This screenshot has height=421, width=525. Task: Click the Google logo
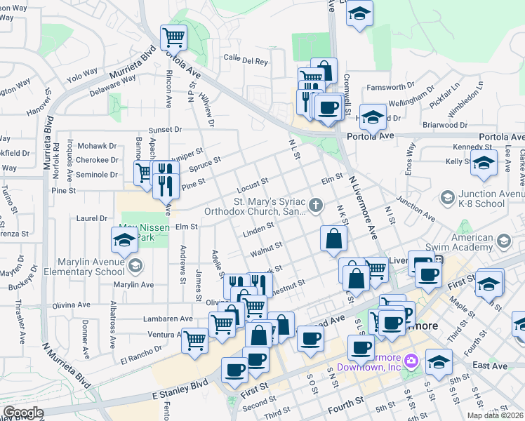(x=23, y=413)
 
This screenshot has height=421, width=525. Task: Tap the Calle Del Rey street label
(x=246, y=61)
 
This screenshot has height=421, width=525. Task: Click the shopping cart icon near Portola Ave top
(x=173, y=36)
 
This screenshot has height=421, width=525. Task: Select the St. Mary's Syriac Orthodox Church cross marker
(x=317, y=206)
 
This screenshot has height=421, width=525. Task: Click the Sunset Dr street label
(x=165, y=130)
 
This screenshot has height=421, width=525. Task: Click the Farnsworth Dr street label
(x=391, y=87)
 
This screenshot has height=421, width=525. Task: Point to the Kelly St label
(x=457, y=161)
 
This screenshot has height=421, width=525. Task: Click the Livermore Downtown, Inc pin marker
(x=411, y=361)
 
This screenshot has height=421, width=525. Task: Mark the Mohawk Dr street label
(x=97, y=146)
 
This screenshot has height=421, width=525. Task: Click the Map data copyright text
(x=495, y=415)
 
